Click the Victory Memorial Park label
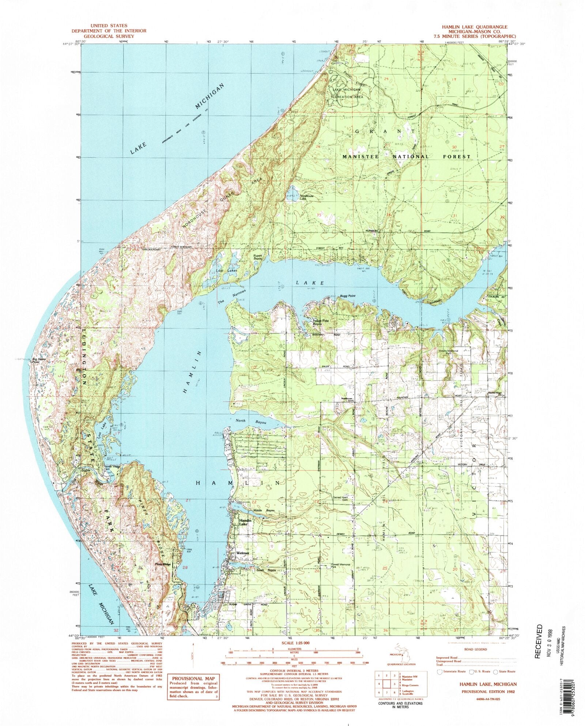tap(448, 352)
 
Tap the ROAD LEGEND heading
tap(476, 649)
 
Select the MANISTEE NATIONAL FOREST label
tap(406, 156)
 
